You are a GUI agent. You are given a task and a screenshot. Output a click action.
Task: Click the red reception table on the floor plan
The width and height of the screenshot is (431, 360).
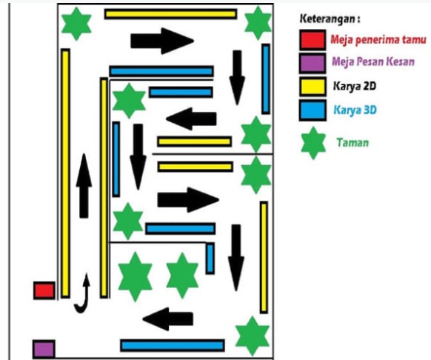(x=44, y=290)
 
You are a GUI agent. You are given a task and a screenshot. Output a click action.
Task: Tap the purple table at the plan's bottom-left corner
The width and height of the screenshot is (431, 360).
(x=44, y=349)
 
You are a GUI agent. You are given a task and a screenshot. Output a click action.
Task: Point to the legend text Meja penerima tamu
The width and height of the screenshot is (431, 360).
(x=378, y=39)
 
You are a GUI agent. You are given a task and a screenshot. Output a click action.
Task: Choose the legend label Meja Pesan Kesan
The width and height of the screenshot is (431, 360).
(x=373, y=61)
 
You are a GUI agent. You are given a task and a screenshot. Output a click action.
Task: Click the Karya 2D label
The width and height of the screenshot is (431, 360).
(x=354, y=86)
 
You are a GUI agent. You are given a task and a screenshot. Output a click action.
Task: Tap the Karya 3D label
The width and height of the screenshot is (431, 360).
(x=355, y=110)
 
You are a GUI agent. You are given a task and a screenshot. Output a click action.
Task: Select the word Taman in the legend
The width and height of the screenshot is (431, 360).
(x=353, y=142)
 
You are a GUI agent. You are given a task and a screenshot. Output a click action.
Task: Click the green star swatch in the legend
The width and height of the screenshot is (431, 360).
(x=313, y=143)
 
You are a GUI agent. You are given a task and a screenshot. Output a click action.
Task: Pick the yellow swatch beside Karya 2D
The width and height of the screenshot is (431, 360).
(x=313, y=87)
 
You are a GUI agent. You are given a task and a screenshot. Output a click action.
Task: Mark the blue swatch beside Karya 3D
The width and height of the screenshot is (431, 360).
(x=313, y=110)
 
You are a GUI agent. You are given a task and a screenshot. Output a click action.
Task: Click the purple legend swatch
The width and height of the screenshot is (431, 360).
(x=313, y=63)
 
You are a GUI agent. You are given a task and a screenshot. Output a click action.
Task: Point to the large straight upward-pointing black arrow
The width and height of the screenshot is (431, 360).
(x=84, y=186)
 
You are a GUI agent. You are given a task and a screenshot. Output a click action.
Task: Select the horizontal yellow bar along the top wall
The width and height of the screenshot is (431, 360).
(x=170, y=14)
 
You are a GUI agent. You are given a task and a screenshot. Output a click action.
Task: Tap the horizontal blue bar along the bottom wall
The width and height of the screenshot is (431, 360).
(x=173, y=345)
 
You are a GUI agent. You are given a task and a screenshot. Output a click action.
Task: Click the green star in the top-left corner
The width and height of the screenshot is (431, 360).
(x=76, y=24)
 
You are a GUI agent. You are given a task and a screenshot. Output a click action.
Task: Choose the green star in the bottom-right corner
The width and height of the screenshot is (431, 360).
(x=252, y=336)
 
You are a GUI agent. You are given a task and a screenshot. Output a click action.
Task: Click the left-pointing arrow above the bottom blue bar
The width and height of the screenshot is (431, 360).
(x=167, y=319)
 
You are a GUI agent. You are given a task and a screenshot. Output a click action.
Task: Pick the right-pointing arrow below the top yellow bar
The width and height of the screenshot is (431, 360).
(x=162, y=41)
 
